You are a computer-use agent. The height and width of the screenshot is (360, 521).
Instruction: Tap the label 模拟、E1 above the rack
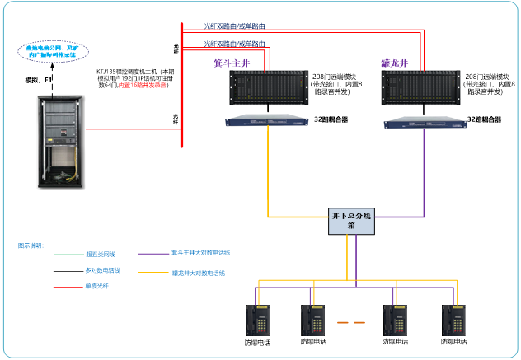[x=39, y=80]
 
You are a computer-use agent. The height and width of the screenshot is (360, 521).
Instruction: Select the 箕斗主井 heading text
[x=232, y=62]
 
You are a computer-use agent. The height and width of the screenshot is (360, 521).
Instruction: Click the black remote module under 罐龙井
[x=422, y=89]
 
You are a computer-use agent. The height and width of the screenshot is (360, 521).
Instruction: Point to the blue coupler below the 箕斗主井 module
[x=269, y=122]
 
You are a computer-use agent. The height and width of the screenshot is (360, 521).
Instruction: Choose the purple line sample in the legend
[x=153, y=254]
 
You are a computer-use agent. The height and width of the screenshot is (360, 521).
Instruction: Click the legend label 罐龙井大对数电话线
[x=198, y=272]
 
